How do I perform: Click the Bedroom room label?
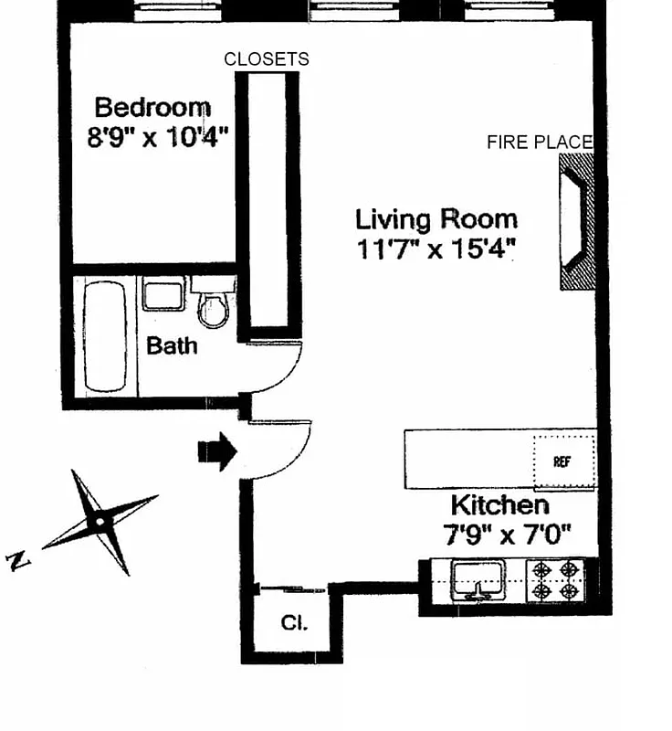pyautogui.click(x=152, y=108)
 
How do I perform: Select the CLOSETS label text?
pyautogui.click(x=267, y=59)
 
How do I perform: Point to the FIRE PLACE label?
pyautogui.click(x=540, y=142)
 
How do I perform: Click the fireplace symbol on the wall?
pyautogui.click(x=577, y=222)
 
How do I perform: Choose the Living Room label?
pyautogui.click(x=436, y=219)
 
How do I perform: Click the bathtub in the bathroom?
pyautogui.click(x=105, y=335)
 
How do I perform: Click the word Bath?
pyautogui.click(x=172, y=346)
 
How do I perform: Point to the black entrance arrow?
pyautogui.click(x=218, y=451)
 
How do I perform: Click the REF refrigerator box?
pyautogui.click(x=562, y=461)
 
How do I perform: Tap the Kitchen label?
pyautogui.click(x=499, y=505)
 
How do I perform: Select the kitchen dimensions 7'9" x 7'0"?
pyautogui.click(x=507, y=535)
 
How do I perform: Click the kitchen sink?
pyautogui.click(x=478, y=580)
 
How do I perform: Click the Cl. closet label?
pyautogui.click(x=293, y=624)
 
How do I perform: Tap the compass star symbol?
pyautogui.click(x=100, y=522)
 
